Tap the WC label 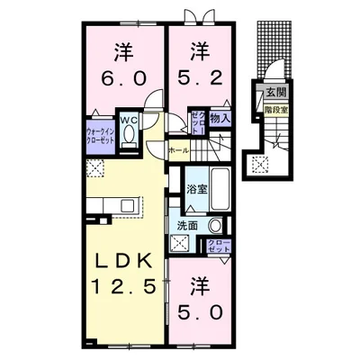click(130, 119)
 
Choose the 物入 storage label click(220, 117)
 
